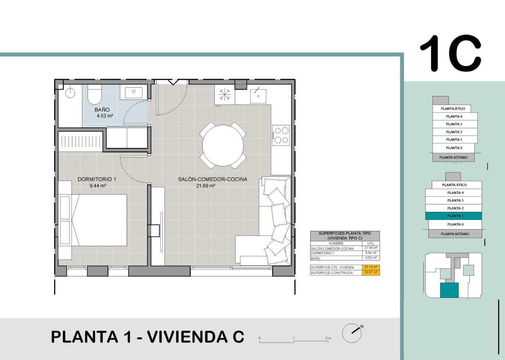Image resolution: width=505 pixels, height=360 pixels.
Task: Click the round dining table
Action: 223,145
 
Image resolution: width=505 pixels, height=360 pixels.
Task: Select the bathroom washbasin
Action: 133,92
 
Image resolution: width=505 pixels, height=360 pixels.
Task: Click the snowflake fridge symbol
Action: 224,95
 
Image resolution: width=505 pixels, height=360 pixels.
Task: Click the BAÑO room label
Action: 102,110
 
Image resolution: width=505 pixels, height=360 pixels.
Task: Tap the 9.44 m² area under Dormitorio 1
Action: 98,186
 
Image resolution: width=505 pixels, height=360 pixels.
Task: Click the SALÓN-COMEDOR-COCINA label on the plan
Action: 212,180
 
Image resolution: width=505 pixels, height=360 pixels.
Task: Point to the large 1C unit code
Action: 451,53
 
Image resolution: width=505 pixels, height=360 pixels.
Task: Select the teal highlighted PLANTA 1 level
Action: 454,216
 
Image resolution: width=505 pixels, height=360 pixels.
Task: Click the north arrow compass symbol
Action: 351,333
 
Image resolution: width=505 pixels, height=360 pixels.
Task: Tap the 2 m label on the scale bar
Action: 328,338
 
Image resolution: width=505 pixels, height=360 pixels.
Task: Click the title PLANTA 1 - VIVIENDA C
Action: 147,337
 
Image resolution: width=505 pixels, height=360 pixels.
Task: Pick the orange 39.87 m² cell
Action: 370,273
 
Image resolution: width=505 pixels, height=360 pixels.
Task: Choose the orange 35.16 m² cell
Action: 370,267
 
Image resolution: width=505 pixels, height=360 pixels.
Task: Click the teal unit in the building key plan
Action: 449,290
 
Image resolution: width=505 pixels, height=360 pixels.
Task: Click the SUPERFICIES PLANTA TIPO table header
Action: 344,236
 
